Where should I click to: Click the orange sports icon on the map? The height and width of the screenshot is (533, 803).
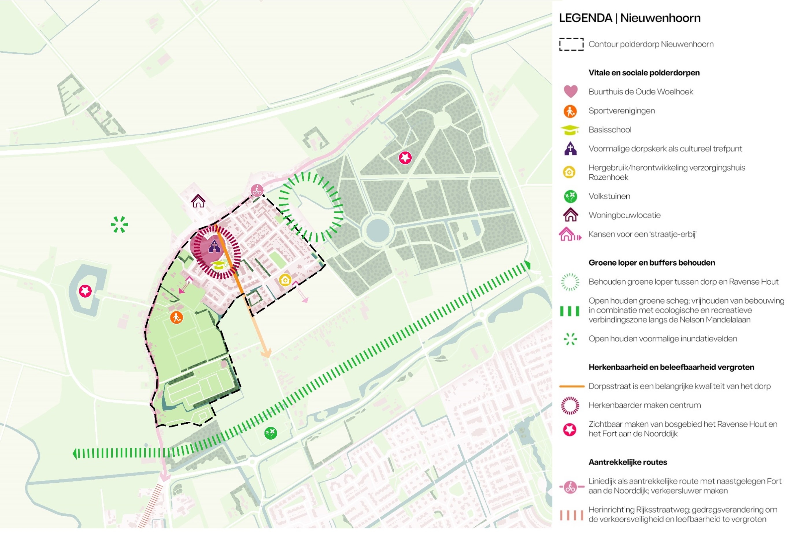[x=176, y=318]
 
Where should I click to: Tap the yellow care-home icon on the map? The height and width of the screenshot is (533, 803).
[x=285, y=280]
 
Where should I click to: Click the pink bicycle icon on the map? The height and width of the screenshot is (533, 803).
[x=257, y=190]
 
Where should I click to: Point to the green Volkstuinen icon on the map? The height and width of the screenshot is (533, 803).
[x=271, y=433]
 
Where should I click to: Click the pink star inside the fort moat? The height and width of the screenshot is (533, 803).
[x=85, y=291]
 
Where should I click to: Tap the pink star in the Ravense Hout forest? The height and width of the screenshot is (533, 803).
[x=405, y=158]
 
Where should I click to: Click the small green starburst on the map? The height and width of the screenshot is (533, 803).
[x=119, y=224]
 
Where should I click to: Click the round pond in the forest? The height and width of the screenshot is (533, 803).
[x=378, y=230]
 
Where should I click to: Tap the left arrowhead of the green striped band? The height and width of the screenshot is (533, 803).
[x=75, y=453]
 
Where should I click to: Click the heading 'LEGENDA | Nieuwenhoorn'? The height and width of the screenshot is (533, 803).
[x=630, y=18]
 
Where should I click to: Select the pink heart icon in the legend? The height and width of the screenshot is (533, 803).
[x=570, y=91]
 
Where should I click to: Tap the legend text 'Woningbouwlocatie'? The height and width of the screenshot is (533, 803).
[x=624, y=215]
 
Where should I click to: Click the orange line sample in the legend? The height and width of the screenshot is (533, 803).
[x=571, y=386]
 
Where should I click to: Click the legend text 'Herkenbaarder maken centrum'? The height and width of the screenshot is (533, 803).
[x=644, y=405]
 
